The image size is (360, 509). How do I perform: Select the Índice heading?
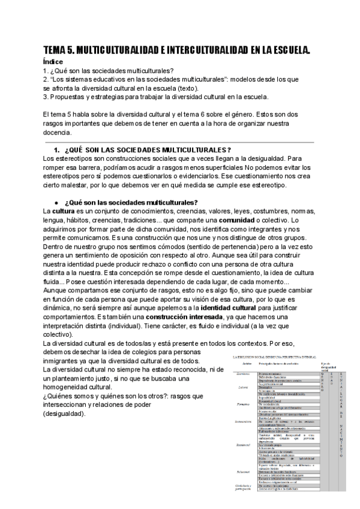click(x=53, y=61)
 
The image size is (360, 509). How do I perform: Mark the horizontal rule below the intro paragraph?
click(x=180, y=142)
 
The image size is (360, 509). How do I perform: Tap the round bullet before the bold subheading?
click(x=56, y=202)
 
